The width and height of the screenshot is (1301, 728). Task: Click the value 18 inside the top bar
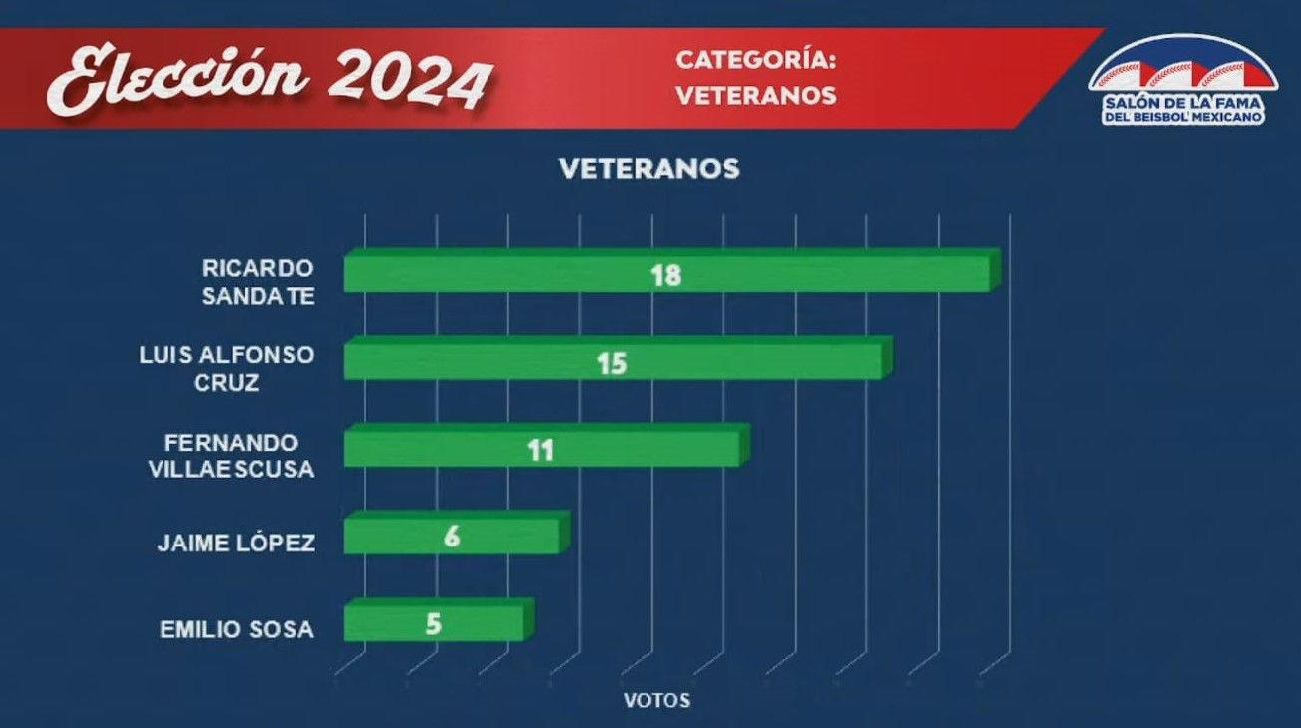(665, 275)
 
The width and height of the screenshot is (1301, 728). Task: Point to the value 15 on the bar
(612, 363)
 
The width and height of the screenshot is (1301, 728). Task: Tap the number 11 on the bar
(540, 451)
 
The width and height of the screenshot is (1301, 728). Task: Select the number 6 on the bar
(452, 538)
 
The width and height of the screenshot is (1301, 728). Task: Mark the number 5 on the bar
(433, 625)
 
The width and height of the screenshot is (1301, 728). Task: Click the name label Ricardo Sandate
(258, 282)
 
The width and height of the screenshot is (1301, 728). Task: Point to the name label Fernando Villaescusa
(239, 454)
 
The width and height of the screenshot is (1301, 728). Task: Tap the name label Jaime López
(236, 544)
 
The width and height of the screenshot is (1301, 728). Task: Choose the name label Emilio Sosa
(236, 630)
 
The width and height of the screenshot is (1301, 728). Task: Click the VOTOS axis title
(656, 700)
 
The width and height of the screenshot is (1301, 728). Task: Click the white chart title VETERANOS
(649, 169)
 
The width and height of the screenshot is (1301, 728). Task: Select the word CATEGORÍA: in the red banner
(756, 60)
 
